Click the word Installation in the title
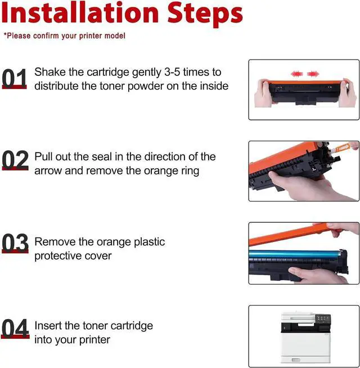coord(80,13)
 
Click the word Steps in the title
coord(205,15)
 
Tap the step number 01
coord(14,78)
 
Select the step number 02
coord(15,160)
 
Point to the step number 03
coord(15,243)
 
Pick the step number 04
coord(15,329)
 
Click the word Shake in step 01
coord(50,72)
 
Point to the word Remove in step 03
coord(55,242)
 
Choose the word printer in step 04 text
coord(94,340)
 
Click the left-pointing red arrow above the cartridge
coord(296,74)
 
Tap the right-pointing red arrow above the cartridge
coord(313,74)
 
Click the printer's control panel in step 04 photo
coord(323,318)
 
